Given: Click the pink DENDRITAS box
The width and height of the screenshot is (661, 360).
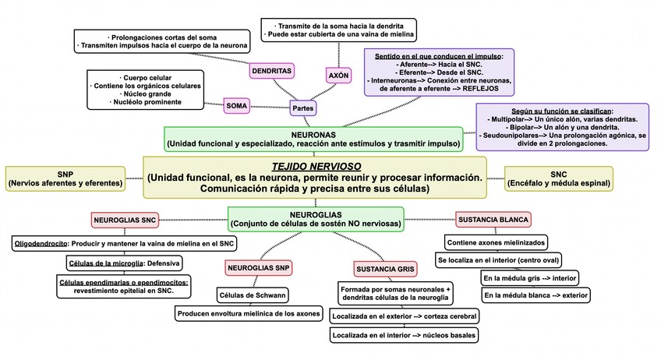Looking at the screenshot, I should click(x=271, y=71).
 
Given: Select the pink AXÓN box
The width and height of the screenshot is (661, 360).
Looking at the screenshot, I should click(x=338, y=76).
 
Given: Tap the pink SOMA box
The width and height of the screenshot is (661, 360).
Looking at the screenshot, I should click(x=236, y=104).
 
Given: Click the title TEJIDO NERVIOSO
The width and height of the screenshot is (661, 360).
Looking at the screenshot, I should click(x=314, y=166).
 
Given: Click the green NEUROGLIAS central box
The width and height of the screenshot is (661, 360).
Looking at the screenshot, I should click(x=315, y=217).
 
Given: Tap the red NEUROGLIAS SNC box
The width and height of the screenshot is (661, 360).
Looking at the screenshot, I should click(x=125, y=221).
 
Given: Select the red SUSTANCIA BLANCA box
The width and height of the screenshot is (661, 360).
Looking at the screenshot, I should click(x=493, y=220).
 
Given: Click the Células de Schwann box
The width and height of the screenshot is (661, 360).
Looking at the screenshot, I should click(x=251, y=295).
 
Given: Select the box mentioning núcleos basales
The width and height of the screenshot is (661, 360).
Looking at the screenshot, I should click(x=404, y=335).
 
